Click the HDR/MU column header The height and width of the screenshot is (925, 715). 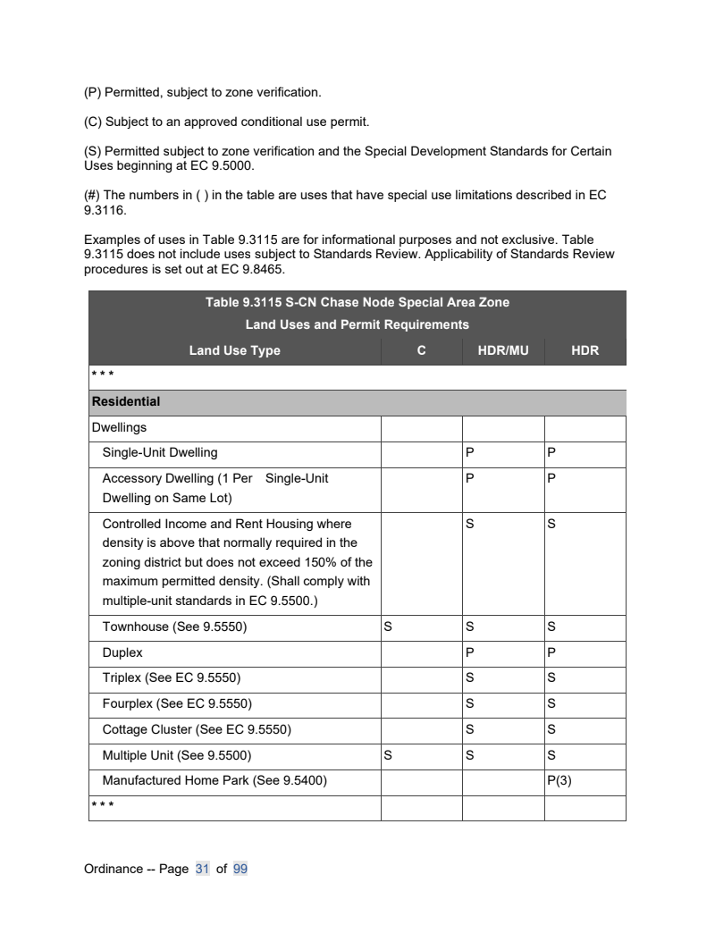503,350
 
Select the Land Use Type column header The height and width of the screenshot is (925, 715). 234,350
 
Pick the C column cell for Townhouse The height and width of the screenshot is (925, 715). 388,627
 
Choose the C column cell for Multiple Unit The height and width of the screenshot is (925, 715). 388,755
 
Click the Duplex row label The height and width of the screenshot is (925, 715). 122,653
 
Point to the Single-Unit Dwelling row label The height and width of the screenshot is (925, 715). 160,452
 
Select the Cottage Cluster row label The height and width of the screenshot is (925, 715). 197,729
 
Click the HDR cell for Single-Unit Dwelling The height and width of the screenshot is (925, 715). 551,452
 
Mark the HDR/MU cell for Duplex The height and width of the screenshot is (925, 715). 470,653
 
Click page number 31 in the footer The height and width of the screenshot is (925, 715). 202,869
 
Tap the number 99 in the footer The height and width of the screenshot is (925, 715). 240,869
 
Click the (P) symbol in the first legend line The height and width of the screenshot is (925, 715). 92,92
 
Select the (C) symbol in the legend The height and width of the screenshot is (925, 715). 92,122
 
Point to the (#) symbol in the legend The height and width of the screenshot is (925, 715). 92,195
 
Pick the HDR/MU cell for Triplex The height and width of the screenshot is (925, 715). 470,678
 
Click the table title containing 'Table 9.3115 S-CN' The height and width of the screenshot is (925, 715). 357,302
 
